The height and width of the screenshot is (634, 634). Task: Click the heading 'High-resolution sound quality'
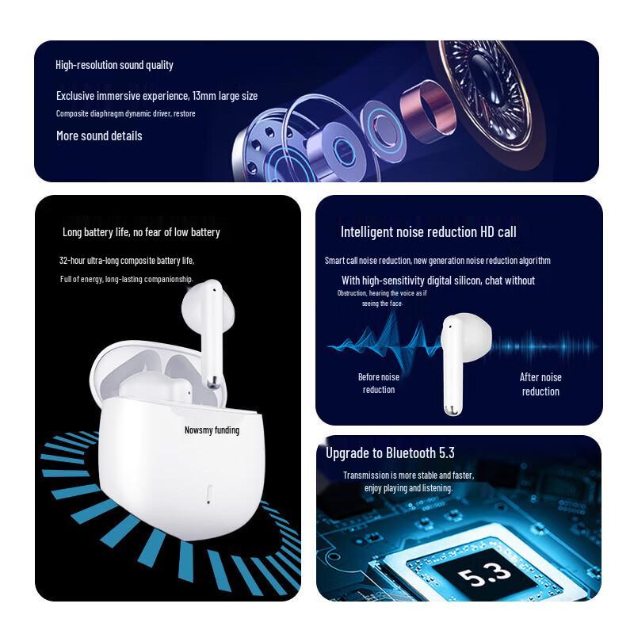[114, 65]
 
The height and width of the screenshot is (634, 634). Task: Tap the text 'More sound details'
[99, 136]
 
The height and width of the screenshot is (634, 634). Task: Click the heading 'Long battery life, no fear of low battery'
[141, 232]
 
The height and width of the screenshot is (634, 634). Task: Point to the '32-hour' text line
[127, 260]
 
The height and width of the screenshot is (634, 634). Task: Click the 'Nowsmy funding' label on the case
[211, 430]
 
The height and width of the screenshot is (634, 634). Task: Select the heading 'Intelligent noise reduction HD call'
[428, 232]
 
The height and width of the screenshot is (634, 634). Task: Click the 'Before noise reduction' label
[379, 383]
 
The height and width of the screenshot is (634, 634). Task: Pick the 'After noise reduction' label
[540, 384]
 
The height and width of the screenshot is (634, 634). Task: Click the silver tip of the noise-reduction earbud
[450, 409]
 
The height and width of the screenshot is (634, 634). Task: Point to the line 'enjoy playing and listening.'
[408, 488]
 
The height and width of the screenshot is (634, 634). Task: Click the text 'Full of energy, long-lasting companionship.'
[127, 279]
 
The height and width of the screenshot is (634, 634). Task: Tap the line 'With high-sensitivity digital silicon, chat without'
[437, 281]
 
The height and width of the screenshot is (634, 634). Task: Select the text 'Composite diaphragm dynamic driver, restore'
[125, 113]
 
